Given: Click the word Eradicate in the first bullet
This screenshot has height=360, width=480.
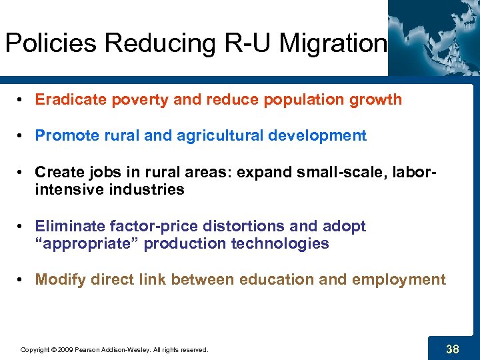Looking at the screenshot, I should coord(67,100).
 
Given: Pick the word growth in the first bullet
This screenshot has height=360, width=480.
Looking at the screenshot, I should coord(378,100).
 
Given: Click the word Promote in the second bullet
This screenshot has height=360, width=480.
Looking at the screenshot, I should coord(63,136).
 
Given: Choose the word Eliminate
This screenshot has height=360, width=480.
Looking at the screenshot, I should coord(66,226).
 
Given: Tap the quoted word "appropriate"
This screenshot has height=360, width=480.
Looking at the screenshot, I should coord(87,243).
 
